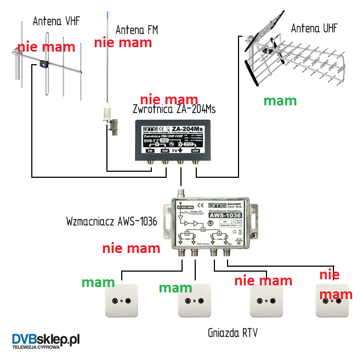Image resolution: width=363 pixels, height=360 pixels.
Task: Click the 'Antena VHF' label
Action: [x=56, y=21]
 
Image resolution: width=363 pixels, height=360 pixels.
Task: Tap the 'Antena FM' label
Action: [x=137, y=30]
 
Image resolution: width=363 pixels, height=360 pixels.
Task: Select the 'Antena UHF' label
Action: [x=314, y=28]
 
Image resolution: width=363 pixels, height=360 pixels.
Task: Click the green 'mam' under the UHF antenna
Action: [x=280, y=100]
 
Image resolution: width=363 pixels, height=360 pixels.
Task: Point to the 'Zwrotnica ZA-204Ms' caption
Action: [x=174, y=109]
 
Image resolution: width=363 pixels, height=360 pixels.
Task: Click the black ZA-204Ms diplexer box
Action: [x=171, y=140]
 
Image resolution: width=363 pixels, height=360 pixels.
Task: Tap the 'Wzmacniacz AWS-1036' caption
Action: [x=111, y=222]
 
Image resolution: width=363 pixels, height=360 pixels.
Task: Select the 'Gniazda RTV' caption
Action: [x=232, y=333]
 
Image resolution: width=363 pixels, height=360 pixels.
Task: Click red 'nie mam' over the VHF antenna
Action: [x=42, y=47]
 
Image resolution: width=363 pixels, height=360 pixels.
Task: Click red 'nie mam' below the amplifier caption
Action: [x=131, y=248]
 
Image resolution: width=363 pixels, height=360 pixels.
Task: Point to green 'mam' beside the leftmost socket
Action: [x=98, y=283]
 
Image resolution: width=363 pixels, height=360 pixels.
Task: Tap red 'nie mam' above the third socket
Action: [x=263, y=281]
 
